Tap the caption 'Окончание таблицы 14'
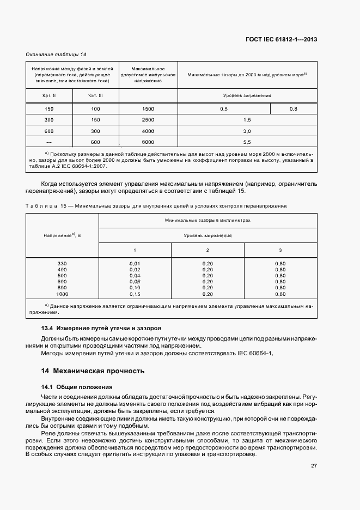[56, 54]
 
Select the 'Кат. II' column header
[49, 95]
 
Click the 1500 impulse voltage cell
[148, 109]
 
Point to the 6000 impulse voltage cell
[148, 142]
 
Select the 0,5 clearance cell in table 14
[223, 109]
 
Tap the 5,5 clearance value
[246, 142]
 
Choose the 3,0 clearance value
[246, 131]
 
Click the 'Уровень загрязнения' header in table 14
[247, 95]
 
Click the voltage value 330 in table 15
[62, 264]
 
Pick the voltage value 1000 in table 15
[62, 294]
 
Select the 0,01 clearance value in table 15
[135, 264]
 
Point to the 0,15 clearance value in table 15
[135, 294]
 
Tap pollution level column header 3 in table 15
[280, 250]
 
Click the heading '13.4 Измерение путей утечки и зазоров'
[102, 329]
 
